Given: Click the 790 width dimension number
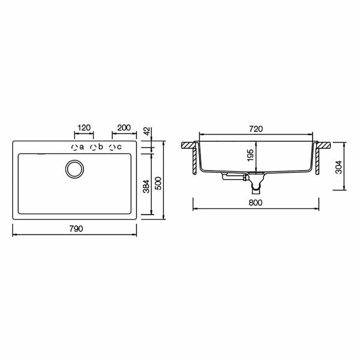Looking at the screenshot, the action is [76, 229].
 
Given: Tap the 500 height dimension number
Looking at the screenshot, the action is [158, 183].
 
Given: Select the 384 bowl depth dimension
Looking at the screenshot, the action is [146, 187].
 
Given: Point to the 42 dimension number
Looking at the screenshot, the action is [148, 131].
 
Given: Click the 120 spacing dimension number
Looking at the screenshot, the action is [84, 128].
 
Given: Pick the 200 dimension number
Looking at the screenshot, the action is [124, 128].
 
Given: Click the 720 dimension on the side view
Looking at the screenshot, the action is [256, 129].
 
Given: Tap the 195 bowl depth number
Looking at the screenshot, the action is [250, 155].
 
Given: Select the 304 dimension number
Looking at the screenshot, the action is [338, 167].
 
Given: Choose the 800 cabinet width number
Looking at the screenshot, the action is [256, 203].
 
